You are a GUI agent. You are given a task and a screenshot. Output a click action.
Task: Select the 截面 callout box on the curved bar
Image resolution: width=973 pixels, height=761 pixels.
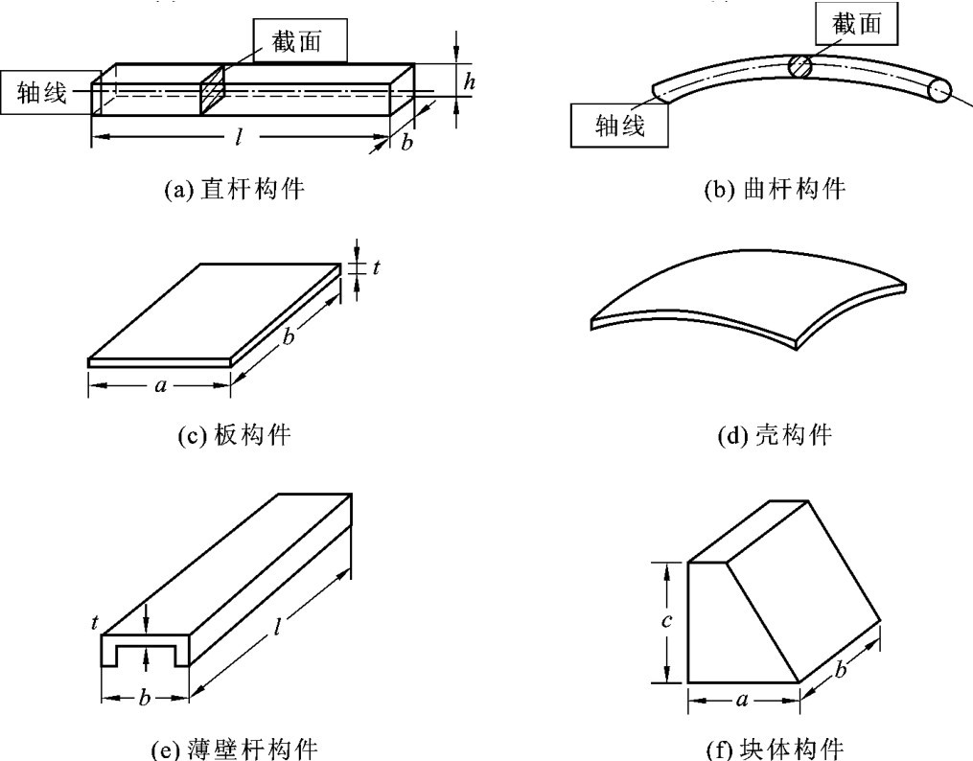[x=860, y=23]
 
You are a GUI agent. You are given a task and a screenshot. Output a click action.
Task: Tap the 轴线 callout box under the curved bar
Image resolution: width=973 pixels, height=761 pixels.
[x=619, y=125]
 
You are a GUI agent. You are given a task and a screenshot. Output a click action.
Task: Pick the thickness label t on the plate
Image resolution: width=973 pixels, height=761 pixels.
[x=376, y=267]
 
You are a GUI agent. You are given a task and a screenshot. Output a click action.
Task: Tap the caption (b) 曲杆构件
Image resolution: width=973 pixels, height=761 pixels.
[x=775, y=189]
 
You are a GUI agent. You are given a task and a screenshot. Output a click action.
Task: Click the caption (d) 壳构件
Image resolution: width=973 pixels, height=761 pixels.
[x=775, y=436]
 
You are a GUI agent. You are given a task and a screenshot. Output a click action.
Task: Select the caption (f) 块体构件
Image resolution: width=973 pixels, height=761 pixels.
[x=775, y=748]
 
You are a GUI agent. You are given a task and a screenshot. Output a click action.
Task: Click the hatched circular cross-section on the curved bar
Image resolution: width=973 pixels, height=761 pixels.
[x=799, y=65]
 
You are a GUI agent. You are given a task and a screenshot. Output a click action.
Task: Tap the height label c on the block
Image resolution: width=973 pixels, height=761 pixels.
[x=666, y=621]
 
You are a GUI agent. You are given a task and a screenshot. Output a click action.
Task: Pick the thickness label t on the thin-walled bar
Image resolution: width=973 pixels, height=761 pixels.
[x=95, y=622]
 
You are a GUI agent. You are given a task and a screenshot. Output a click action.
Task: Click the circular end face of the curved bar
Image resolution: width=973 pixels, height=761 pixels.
[x=939, y=90]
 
